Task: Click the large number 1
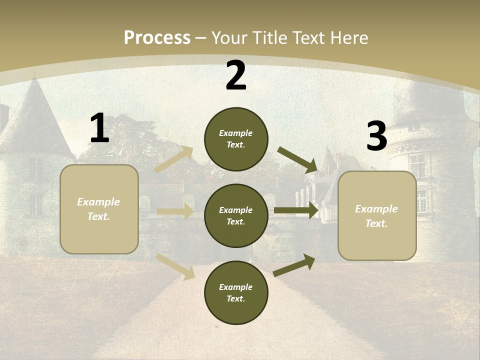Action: click(99, 128)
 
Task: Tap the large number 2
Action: click(236, 75)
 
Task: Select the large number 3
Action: click(377, 136)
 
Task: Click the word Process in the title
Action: click(157, 38)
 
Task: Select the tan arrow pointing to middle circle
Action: click(175, 211)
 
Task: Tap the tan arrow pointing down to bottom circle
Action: click(175, 265)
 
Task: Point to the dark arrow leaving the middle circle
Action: click(296, 210)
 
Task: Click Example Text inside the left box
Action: click(98, 209)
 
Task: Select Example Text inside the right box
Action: click(376, 216)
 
